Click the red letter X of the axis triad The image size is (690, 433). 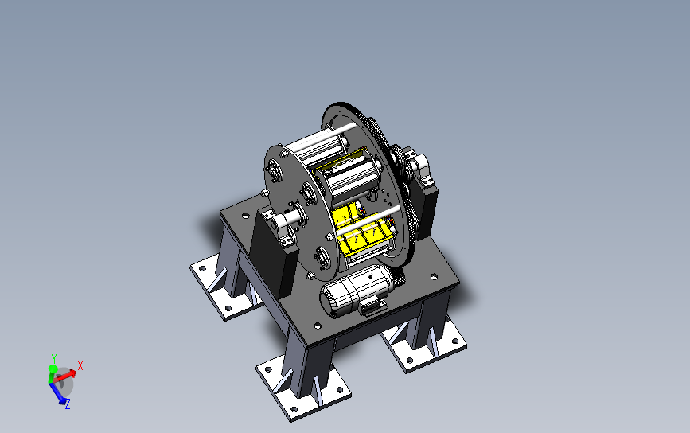[80, 365]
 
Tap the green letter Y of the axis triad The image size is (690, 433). [53, 358]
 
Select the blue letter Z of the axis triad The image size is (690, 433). [68, 404]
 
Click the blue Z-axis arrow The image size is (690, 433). [59, 393]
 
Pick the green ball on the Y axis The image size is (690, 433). [53, 369]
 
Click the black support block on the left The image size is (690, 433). [272, 256]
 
